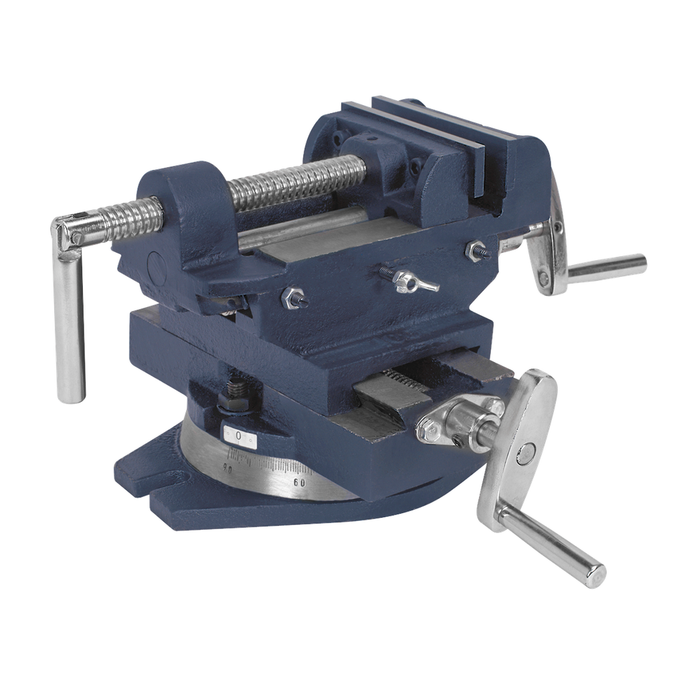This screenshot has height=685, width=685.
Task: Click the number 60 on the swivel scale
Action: (299, 482)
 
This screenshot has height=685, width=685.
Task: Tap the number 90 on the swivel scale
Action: (227, 469)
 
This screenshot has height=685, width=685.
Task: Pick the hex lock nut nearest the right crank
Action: (477, 250)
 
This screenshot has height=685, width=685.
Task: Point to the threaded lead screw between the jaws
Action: (294, 181)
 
